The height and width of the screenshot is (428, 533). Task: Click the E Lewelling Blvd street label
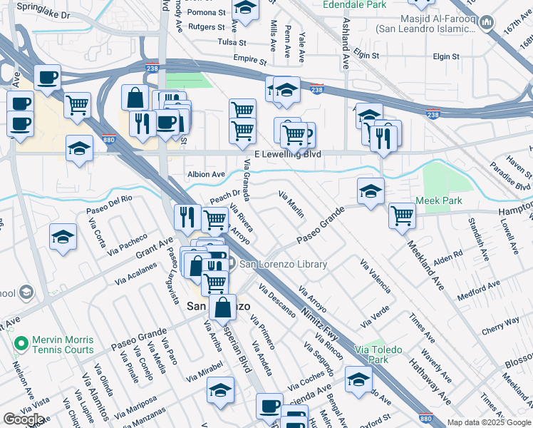[x=288, y=155]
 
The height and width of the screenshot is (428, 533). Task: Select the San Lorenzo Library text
[x=283, y=265]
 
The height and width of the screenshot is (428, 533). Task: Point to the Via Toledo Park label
[x=378, y=355]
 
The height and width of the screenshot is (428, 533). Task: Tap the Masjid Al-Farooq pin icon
[x=487, y=23]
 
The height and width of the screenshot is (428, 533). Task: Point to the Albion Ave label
[x=206, y=174]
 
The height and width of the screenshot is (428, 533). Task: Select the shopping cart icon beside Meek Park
[x=403, y=215]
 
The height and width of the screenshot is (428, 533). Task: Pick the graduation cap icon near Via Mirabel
[x=220, y=389]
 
